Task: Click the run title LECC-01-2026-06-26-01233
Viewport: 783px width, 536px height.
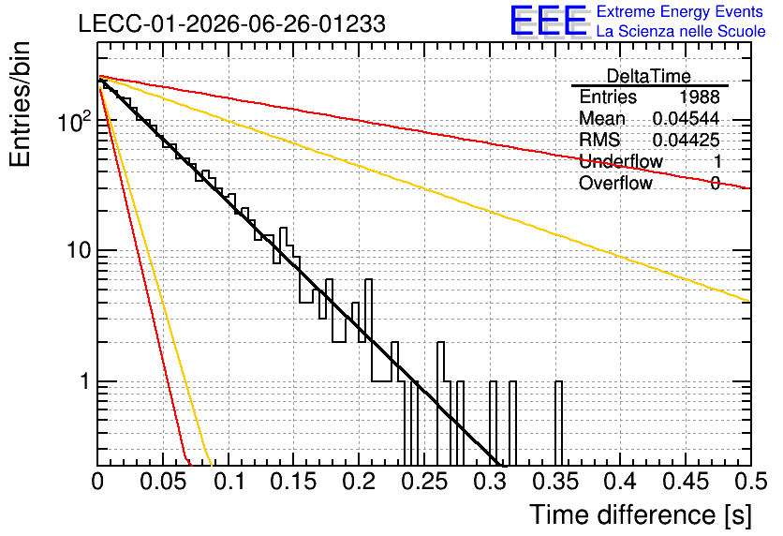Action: [232, 23]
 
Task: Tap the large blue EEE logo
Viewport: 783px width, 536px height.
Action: [549, 22]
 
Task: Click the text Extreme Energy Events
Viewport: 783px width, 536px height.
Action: [680, 11]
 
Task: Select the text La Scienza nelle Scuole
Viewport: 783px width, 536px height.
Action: [681, 31]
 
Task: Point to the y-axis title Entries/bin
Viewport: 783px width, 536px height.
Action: [21, 104]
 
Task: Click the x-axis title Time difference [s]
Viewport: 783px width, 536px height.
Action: [641, 515]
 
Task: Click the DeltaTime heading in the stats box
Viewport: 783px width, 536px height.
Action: [649, 76]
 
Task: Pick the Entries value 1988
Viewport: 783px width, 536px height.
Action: [699, 97]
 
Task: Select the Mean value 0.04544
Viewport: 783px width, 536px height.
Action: [687, 118]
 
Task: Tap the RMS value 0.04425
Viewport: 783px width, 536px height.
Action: [687, 140]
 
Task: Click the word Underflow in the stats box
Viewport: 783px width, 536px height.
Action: [621, 161]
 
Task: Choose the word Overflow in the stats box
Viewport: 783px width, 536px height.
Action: [615, 183]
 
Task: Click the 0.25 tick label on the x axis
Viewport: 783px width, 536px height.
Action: [424, 482]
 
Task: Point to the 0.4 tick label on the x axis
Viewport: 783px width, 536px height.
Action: [621, 482]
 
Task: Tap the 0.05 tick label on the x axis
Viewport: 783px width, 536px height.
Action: [163, 482]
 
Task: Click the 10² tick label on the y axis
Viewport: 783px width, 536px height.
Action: [74, 122]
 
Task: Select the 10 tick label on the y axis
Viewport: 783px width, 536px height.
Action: [79, 250]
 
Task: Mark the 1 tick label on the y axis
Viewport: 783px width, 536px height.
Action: [85, 381]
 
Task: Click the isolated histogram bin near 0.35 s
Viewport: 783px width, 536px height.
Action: [558, 424]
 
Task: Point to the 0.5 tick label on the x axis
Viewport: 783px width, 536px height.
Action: [751, 482]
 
